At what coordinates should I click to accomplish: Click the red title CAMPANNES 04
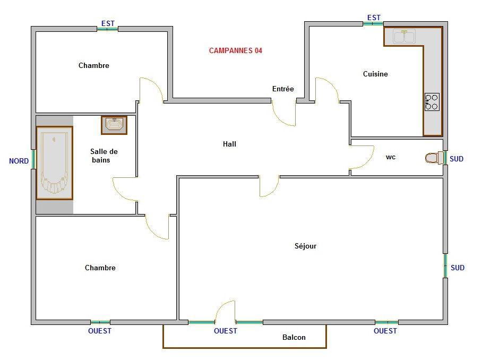[236, 50]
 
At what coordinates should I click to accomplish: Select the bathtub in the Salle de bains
[54, 163]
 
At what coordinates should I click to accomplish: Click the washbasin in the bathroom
[114, 125]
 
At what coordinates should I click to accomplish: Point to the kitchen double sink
[404, 36]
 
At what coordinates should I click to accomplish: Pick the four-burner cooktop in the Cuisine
[432, 102]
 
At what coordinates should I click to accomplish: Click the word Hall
[230, 144]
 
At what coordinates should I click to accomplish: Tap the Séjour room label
[305, 246]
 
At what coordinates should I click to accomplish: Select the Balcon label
[294, 337]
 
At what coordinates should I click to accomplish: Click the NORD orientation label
[19, 161]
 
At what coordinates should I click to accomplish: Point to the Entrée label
[283, 89]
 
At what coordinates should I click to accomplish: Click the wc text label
[390, 157]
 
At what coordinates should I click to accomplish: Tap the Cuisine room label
[375, 74]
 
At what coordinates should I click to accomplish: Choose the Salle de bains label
[104, 156]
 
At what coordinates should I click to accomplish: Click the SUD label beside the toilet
[457, 159]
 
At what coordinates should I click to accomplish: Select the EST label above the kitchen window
[374, 18]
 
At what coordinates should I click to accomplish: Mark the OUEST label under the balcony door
[226, 331]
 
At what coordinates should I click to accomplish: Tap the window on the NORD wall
[33, 159]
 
